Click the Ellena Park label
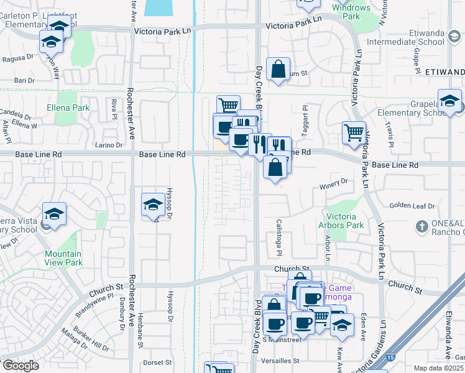pyautogui.click(x=68, y=108)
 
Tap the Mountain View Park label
pyautogui.click(x=63, y=258)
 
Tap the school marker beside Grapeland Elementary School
pyautogui.click(x=449, y=101)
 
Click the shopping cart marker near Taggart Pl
pyautogui.click(x=354, y=132)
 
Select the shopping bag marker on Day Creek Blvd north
pyautogui.click(x=278, y=70)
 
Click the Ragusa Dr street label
pyautogui.click(x=19, y=57)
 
